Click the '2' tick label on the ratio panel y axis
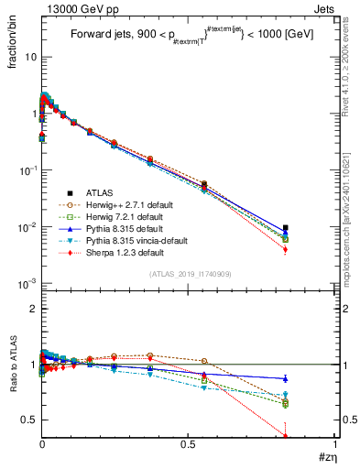point(32,309)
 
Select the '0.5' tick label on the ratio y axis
point(27,420)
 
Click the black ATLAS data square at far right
point(311,228)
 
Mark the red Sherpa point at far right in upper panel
point(311,249)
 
